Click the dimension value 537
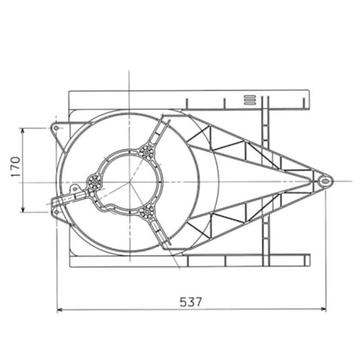[x=192, y=302]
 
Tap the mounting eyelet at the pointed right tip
[x=325, y=181]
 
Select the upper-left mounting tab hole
[x=57, y=129]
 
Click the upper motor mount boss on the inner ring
[x=147, y=153]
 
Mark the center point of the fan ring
[x=130, y=181]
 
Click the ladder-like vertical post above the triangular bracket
[x=265, y=120]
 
